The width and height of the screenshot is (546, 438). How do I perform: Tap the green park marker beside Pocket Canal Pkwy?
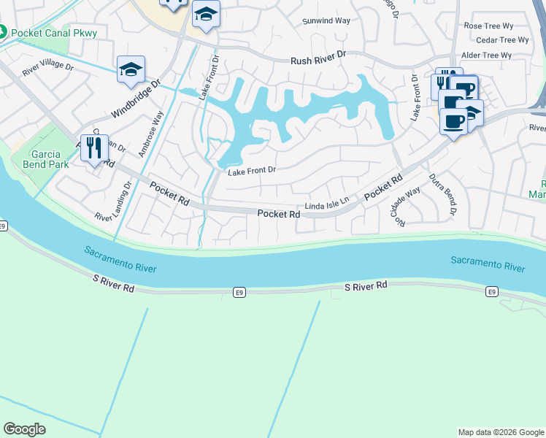tap(4, 33)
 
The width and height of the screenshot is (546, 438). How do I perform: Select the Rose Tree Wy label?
tap(488, 26)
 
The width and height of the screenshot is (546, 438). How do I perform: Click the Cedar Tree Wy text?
tap(496, 40)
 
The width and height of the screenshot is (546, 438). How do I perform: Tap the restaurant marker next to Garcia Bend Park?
tap(94, 149)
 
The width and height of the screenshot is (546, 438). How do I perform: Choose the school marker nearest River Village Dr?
tap(131, 69)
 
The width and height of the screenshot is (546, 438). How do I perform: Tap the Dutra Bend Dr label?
tap(442, 193)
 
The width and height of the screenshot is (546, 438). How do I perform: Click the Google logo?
tap(25, 429)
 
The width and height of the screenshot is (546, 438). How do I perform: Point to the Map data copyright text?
tap(501, 432)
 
